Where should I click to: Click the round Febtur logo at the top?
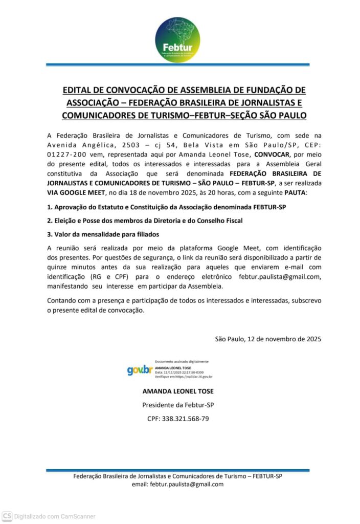tap(177, 39)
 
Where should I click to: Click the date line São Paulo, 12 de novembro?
tap(268, 338)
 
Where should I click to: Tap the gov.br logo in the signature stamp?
tap(140, 370)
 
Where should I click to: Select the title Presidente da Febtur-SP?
tap(178, 405)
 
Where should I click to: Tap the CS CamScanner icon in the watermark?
tap(7, 516)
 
